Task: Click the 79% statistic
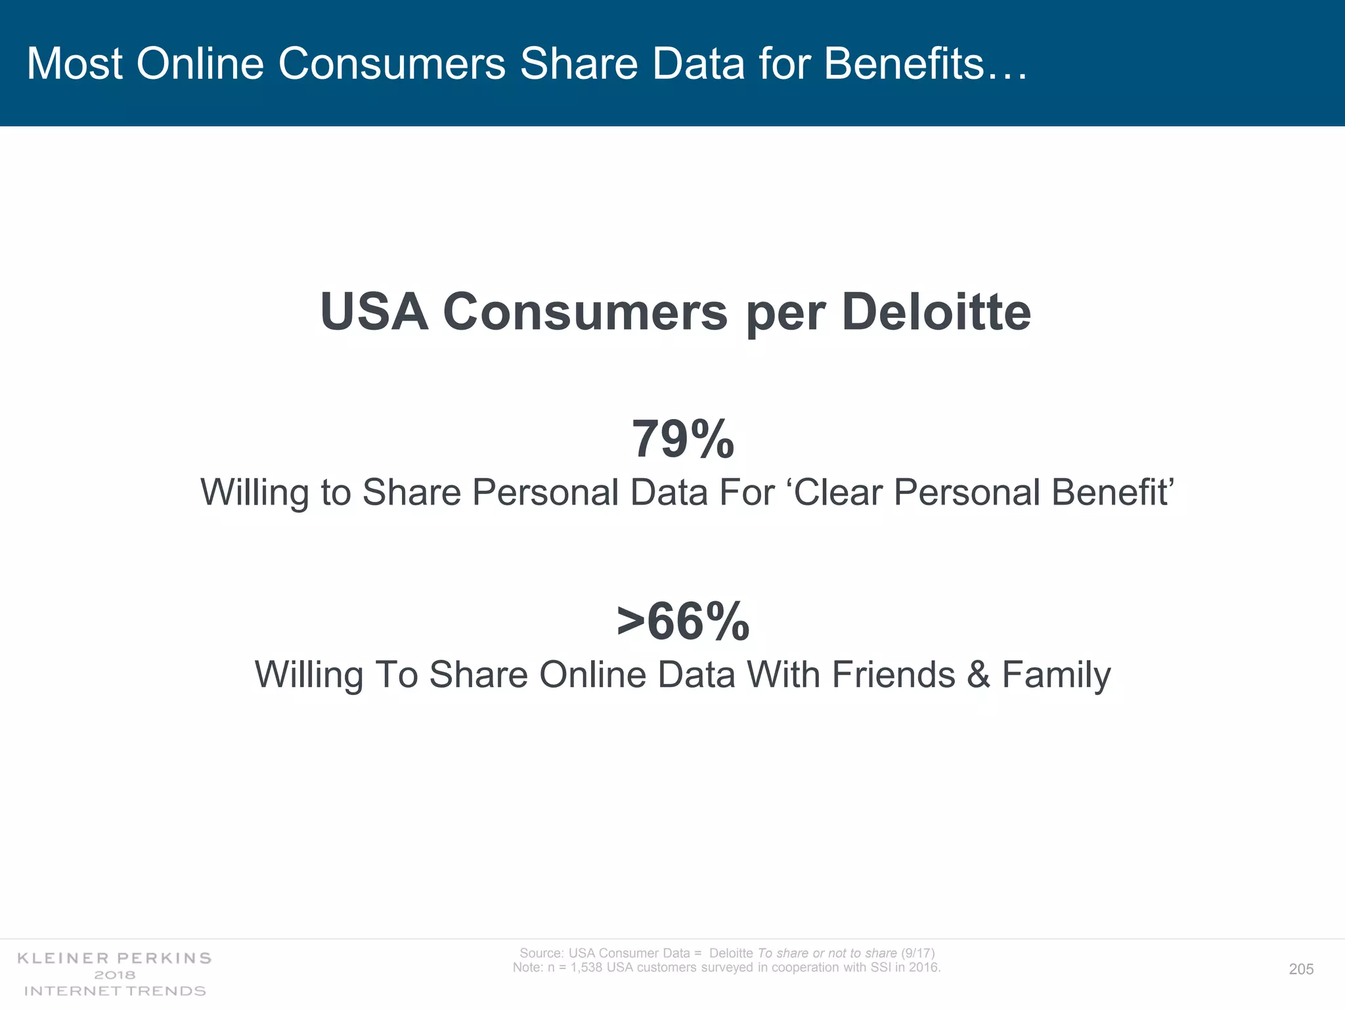point(682,439)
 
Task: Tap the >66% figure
point(682,621)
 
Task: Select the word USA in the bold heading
point(374,311)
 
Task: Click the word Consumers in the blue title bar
point(391,64)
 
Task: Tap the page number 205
point(1301,969)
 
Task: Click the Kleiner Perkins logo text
point(114,958)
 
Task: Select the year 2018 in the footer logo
point(114,975)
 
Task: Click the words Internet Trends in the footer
point(114,991)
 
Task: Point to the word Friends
point(893,675)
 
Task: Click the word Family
point(1056,675)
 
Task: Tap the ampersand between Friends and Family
point(978,675)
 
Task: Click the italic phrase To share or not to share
point(827,953)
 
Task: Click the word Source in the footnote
point(540,953)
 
